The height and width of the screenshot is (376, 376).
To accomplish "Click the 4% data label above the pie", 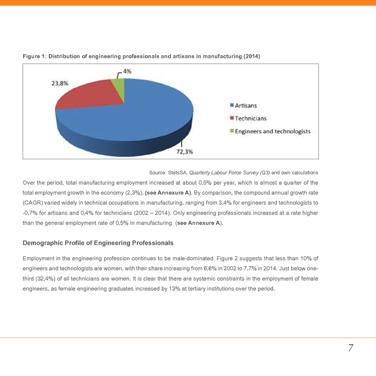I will tap(126, 70).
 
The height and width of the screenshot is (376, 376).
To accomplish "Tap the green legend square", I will tap(231, 130).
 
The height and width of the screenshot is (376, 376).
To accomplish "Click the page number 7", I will tap(350, 348).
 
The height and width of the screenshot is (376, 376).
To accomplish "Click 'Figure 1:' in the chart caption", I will tap(34, 56).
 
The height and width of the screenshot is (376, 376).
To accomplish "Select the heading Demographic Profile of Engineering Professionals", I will tap(98, 243).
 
